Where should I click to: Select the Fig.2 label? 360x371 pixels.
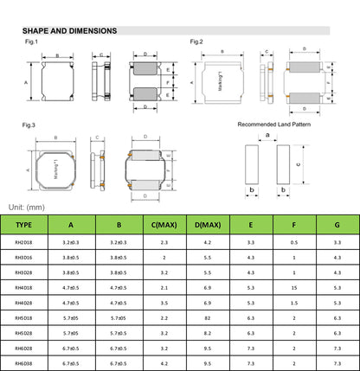coord(196,42)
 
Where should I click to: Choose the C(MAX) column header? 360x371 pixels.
coord(164,226)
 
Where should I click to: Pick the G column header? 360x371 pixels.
coord(337,226)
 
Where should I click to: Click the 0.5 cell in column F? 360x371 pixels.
coord(294,243)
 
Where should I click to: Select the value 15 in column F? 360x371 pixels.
coord(294,288)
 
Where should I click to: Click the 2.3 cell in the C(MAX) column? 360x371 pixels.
coord(164,243)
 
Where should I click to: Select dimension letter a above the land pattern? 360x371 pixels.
coord(267,135)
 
